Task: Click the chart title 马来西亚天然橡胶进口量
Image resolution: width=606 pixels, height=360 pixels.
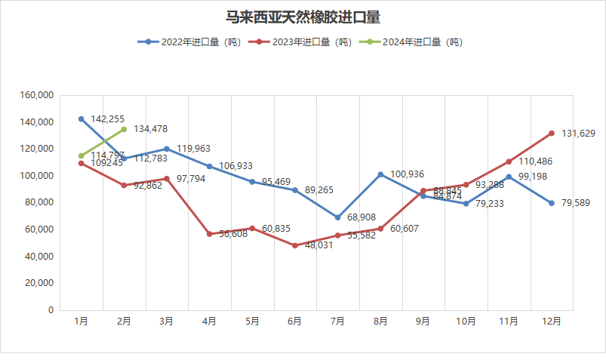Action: pos(303,16)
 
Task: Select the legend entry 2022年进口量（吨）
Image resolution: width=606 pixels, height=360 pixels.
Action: pos(189,42)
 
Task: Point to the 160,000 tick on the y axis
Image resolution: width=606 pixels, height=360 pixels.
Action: pos(37,96)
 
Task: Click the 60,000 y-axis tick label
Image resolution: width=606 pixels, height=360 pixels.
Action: pos(39,229)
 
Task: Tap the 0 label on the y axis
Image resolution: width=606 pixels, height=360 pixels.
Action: pos(51,310)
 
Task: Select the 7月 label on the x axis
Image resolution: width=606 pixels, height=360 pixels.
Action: pos(338,322)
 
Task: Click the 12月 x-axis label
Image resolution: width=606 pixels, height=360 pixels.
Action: pos(552,322)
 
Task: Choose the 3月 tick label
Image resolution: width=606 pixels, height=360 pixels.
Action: pos(167,322)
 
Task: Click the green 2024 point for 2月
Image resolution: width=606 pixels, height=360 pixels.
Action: pos(124,129)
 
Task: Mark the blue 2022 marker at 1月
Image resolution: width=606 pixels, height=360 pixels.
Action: pos(81,119)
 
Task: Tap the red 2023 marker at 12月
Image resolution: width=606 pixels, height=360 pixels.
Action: pos(552,134)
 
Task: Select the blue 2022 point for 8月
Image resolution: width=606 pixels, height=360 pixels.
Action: pos(380,174)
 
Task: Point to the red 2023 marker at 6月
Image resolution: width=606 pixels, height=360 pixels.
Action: pos(295,245)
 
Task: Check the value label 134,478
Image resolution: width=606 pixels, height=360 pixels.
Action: pos(151,129)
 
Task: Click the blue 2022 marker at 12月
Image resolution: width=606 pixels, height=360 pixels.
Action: pos(552,203)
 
